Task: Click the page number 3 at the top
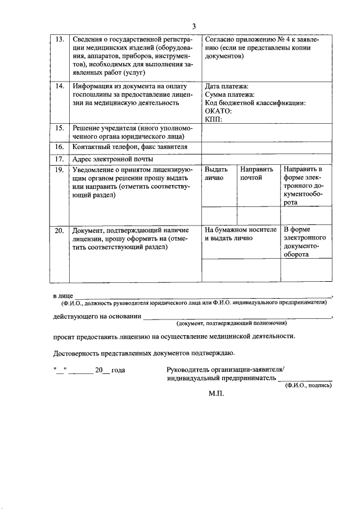pyautogui.click(x=193, y=26)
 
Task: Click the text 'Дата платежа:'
pyautogui.click(x=226, y=87)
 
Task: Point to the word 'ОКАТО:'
pyautogui.click(x=218, y=111)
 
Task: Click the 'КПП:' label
pyautogui.click(x=214, y=119)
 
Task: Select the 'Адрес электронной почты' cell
pyautogui.click(x=112, y=159)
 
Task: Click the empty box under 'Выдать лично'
pyautogui.click(x=219, y=215)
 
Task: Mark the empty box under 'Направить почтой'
pyautogui.click(x=258, y=215)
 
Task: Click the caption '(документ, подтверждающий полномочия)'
pyautogui.click(x=231, y=324)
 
